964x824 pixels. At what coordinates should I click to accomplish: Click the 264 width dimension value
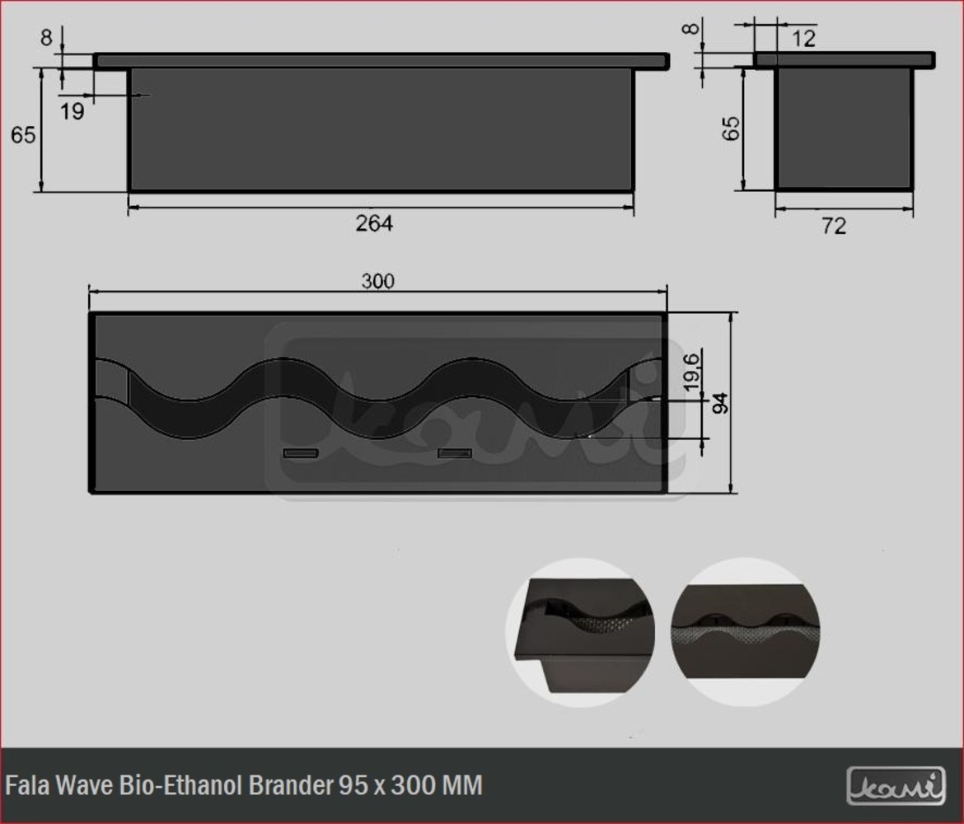coord(374,223)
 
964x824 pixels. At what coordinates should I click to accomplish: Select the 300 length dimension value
coord(377,281)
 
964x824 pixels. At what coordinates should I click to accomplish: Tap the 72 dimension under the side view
coord(834,226)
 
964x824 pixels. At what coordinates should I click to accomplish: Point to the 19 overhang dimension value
coord(72,111)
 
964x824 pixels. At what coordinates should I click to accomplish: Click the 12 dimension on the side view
coord(803,39)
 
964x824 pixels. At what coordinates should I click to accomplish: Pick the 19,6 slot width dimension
coord(691,372)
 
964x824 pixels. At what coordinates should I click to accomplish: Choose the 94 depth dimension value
coord(720,403)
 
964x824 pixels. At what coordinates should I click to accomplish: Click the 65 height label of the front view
coord(23,134)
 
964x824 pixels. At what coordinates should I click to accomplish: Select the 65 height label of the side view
coord(731,129)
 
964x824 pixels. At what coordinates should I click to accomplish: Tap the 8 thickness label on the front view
coord(46,38)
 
